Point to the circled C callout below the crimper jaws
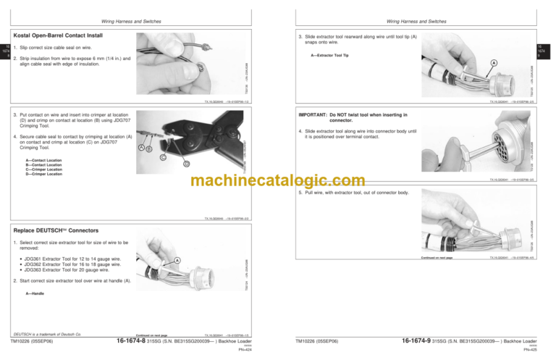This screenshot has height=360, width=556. click(x=163, y=156)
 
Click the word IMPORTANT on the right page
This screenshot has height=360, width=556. click(x=313, y=114)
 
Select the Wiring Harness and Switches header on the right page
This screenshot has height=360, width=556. click(x=416, y=22)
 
